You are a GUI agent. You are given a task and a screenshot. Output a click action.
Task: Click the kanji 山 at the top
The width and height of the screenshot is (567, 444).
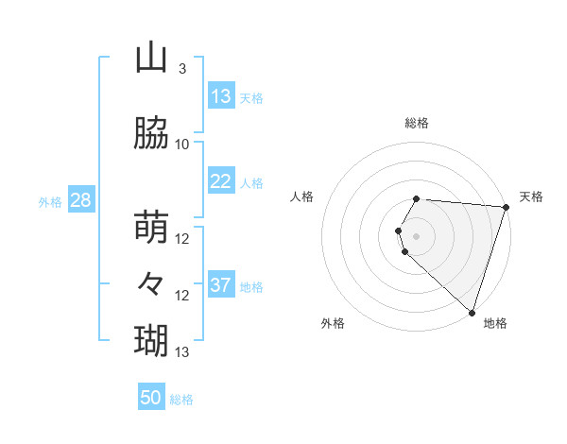click(x=151, y=59)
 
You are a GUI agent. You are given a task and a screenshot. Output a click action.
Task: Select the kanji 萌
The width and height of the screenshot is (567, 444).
click(x=151, y=228)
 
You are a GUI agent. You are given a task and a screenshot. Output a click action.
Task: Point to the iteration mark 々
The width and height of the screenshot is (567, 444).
click(x=151, y=282)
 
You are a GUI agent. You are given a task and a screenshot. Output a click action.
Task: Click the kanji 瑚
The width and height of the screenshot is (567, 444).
click(x=151, y=338)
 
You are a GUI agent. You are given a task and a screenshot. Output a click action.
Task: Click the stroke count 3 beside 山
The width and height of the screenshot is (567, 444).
click(x=181, y=69)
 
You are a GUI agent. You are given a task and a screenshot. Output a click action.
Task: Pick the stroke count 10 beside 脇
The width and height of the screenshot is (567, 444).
click(x=182, y=145)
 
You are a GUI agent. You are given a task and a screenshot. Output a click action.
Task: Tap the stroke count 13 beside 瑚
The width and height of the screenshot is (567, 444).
click(x=182, y=352)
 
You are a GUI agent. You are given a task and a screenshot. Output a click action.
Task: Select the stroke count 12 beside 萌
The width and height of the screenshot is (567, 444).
click(x=182, y=239)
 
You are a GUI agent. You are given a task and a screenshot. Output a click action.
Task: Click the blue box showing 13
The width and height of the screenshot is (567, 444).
click(x=221, y=96)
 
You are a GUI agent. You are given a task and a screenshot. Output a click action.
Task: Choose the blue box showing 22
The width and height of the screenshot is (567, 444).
click(x=221, y=181)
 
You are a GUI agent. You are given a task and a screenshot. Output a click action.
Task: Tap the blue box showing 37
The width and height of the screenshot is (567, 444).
click(x=221, y=285)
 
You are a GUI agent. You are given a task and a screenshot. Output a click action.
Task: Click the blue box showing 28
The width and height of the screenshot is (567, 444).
click(x=80, y=200)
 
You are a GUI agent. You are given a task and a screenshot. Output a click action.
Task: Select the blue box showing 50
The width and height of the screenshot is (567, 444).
click(x=151, y=398)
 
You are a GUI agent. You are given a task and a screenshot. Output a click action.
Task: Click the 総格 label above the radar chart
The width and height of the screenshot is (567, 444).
click(x=417, y=123)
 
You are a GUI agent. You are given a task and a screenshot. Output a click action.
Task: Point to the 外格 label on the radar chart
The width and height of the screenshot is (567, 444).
click(x=333, y=323)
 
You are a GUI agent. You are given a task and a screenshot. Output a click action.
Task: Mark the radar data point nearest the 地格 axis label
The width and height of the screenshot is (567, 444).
click(x=472, y=312)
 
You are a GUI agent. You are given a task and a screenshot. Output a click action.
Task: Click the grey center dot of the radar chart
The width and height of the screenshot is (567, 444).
click(x=417, y=234)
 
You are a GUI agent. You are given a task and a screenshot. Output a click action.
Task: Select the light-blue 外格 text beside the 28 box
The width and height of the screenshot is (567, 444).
click(x=49, y=201)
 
